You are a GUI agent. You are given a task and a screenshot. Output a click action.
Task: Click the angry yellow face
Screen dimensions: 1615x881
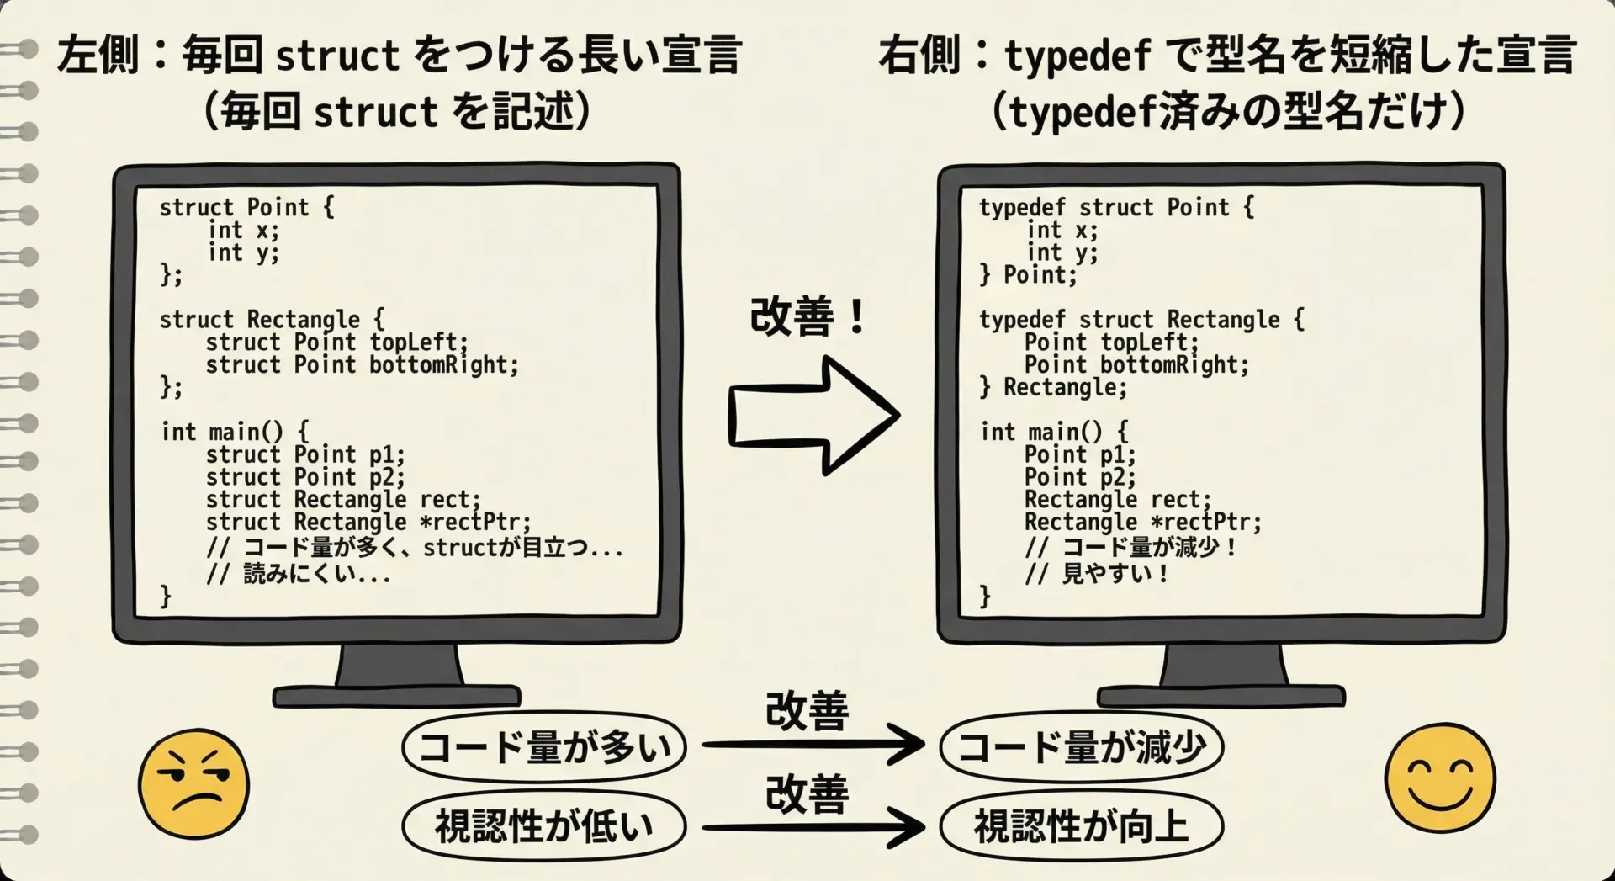[193, 783]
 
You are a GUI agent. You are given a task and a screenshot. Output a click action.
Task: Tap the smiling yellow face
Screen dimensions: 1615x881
[1440, 777]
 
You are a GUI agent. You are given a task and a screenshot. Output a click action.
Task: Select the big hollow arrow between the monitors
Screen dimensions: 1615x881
[813, 415]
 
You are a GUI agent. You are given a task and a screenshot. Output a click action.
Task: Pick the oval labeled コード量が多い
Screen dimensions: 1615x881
[544, 747]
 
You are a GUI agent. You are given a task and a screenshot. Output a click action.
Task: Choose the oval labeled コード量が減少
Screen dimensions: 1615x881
[1081, 747]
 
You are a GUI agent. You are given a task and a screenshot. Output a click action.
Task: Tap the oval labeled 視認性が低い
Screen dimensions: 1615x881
[544, 825]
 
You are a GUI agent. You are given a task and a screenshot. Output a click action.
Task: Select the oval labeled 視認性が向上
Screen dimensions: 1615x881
[1081, 825]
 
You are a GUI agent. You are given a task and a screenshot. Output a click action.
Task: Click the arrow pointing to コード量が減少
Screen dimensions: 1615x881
[813, 744]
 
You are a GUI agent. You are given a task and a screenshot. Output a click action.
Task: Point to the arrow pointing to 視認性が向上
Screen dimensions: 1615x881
[813, 827]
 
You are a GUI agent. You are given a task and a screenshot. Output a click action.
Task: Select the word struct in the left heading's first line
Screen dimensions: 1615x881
[337, 56]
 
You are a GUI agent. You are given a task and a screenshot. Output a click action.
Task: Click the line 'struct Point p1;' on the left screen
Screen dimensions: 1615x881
[305, 455]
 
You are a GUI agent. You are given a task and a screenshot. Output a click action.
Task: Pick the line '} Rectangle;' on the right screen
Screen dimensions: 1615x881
[1053, 388]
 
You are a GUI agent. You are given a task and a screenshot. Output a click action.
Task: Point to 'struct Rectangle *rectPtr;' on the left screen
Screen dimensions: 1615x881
[368, 523]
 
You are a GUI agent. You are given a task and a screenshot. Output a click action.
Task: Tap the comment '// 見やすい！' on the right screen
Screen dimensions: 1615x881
[1097, 574]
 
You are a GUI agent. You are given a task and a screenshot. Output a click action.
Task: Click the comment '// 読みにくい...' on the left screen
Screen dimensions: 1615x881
[299, 575]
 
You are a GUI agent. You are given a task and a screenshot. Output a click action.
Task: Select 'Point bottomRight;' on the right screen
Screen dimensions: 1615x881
[1137, 365]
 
